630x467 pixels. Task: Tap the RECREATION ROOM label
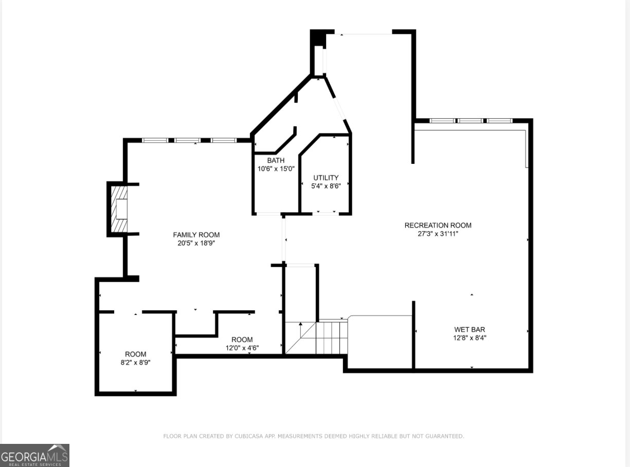(438, 225)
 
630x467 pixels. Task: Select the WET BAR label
(469, 329)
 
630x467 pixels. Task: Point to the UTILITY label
(326, 178)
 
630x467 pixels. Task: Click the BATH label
(276, 160)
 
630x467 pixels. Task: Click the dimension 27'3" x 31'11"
(438, 234)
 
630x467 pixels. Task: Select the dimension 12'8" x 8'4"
(469, 338)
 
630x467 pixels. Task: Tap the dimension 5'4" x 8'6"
(326, 186)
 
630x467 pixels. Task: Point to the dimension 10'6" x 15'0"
(276, 169)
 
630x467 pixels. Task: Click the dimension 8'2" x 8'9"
(136, 362)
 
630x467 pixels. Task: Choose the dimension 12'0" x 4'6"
(242, 348)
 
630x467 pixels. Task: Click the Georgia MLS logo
(34, 455)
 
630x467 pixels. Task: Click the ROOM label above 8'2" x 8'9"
(136, 354)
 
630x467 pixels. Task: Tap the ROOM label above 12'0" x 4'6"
(242, 340)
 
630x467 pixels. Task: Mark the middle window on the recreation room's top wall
(471, 121)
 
